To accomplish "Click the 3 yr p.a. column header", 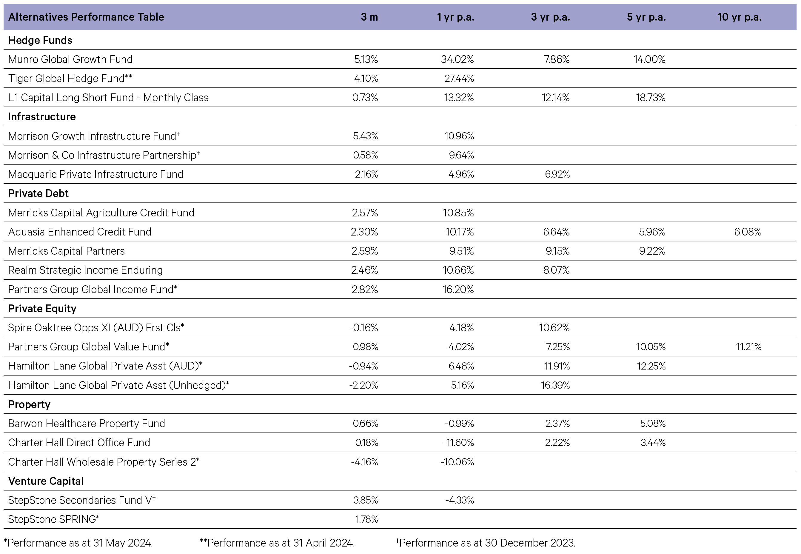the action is [x=550, y=17].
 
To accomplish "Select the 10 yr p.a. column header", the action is [x=740, y=17].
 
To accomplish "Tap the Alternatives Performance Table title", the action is [x=86, y=17].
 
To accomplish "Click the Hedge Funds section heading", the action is [x=40, y=40].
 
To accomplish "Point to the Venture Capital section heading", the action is [x=46, y=481].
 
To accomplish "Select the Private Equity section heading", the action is [x=42, y=309].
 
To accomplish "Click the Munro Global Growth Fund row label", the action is [x=70, y=59].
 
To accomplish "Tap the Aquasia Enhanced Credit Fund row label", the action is [x=80, y=232].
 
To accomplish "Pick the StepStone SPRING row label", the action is [x=54, y=519].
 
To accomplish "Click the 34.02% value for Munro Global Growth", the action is [x=458, y=59].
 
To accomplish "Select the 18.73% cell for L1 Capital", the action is [x=650, y=98].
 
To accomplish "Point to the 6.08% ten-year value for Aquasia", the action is [x=748, y=232].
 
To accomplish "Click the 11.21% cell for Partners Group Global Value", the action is [x=748, y=347].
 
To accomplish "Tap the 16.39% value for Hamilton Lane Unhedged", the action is [x=555, y=385].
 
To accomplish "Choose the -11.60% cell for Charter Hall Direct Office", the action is [x=458, y=443].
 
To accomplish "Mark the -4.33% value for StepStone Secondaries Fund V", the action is [x=460, y=500].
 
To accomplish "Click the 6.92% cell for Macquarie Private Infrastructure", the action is [x=557, y=174].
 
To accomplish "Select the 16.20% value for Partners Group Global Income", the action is [x=458, y=290].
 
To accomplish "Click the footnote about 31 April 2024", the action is [x=277, y=543].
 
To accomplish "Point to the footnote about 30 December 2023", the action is [x=486, y=543].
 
